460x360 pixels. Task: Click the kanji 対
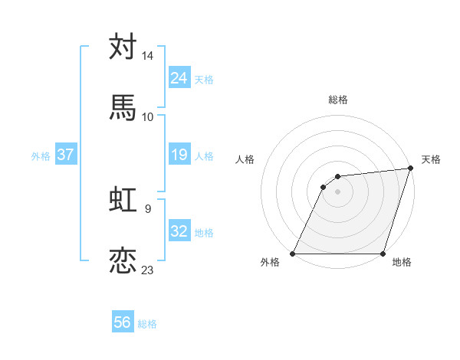123,47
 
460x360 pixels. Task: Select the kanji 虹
123,201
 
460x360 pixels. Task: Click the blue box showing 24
179,78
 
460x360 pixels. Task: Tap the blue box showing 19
179,155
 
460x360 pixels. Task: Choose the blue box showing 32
179,232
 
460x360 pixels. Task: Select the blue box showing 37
65,155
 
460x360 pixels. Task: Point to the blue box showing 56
123,323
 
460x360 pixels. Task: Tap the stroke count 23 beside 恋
148,270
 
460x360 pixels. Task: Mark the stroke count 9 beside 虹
147,208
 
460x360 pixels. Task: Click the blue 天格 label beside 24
203,80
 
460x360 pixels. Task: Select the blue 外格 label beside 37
41,156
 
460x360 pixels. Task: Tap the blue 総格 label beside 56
147,324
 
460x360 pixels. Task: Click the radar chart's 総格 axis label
338,100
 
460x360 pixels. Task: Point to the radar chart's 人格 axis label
245,159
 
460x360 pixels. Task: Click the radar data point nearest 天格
411,169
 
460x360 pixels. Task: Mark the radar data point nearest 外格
293,254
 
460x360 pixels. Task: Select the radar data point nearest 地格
383,254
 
